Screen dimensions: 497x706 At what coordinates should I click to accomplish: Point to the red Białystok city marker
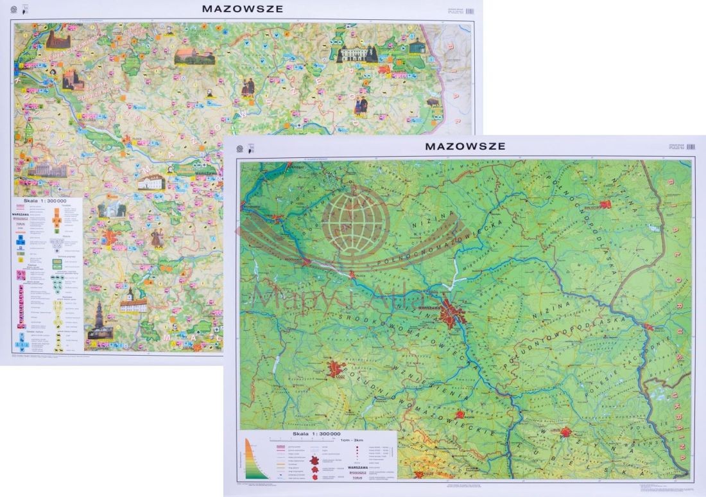point(605,205)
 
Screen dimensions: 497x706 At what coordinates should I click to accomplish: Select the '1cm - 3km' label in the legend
point(352,439)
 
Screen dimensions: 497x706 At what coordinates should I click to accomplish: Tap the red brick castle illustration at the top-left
point(57,39)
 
